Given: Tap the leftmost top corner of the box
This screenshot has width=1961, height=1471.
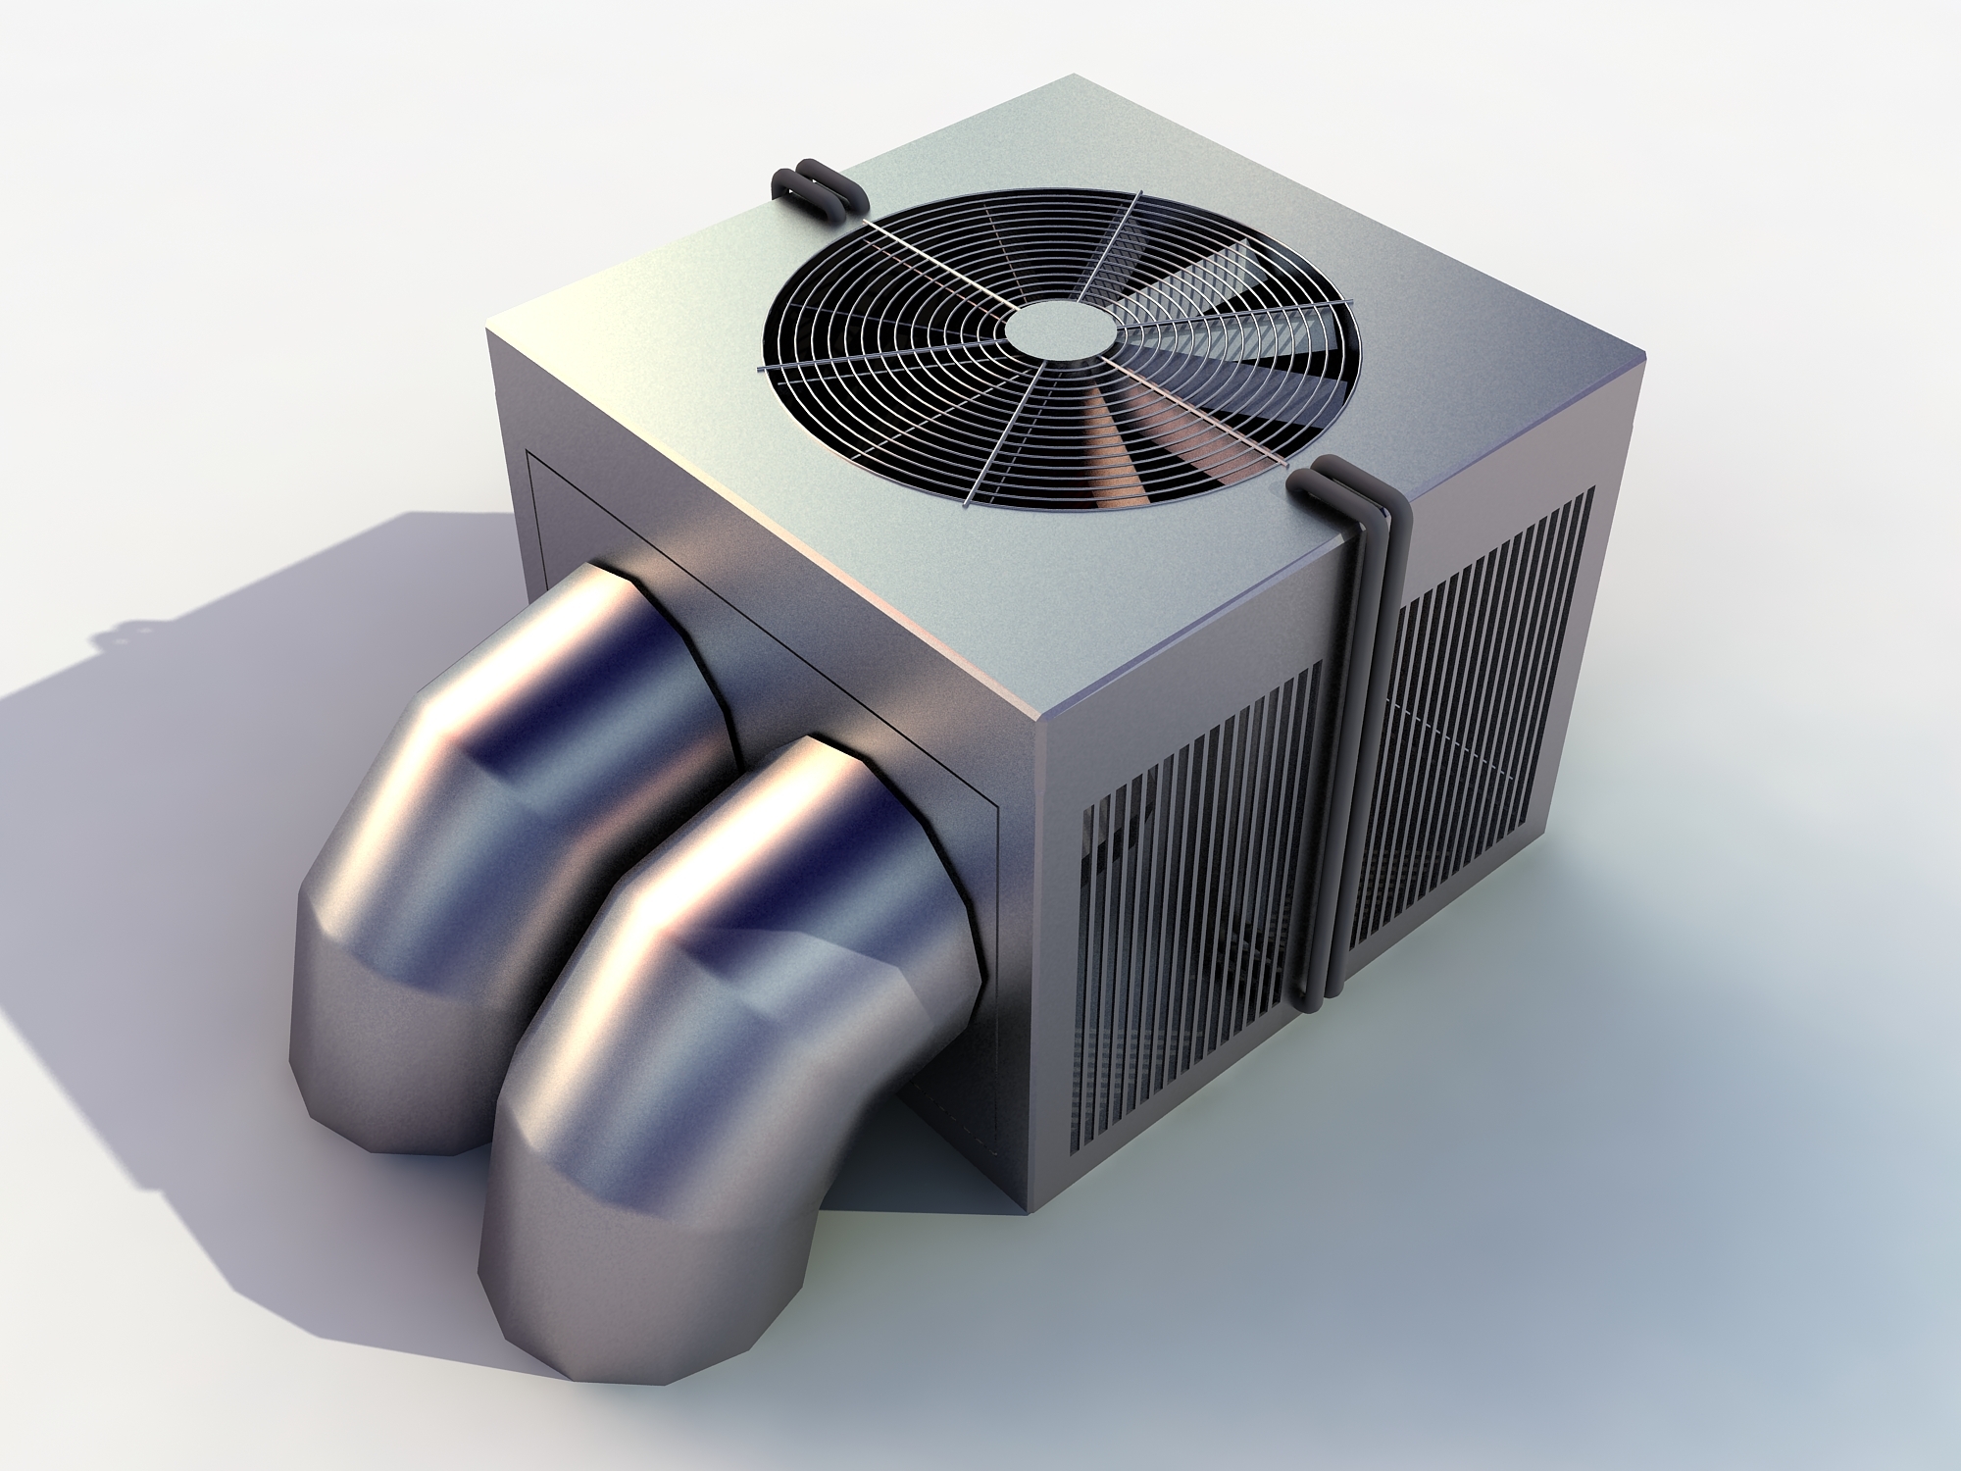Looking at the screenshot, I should click(x=488, y=331).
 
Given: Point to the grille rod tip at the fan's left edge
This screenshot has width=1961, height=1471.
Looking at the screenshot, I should click(x=761, y=370).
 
